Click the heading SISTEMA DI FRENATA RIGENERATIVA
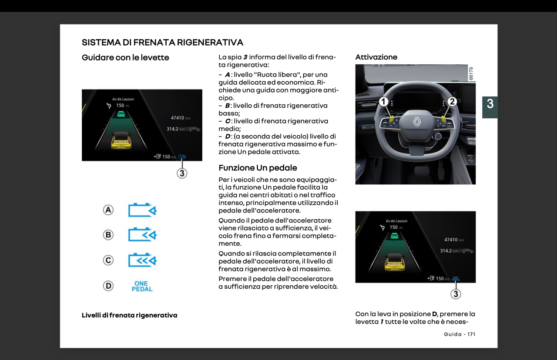[x=162, y=43]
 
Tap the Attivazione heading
[x=376, y=57]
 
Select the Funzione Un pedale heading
[x=258, y=168]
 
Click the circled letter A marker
[x=108, y=210]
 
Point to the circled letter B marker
[x=108, y=235]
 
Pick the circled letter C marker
[x=108, y=260]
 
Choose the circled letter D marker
[x=108, y=286]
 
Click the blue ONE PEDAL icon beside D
[x=142, y=286]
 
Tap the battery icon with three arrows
[x=142, y=260]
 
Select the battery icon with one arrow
[x=142, y=210]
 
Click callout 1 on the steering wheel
[x=383, y=102]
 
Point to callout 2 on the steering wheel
[x=452, y=102]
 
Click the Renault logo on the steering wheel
[x=417, y=122]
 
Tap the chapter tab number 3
[x=490, y=104]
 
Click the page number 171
[x=471, y=334]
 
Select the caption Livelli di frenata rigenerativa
[x=129, y=315]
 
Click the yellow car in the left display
[x=121, y=142]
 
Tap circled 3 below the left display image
[x=182, y=173]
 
